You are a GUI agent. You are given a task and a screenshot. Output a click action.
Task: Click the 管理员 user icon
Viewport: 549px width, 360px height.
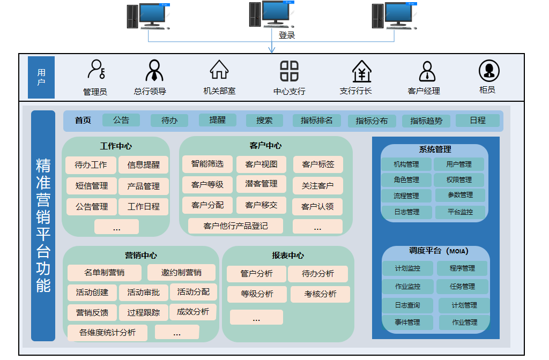97,69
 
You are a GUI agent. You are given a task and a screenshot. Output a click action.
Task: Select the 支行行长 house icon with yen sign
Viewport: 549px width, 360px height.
362,71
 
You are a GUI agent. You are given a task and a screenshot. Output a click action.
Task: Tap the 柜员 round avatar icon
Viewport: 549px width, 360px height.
489,71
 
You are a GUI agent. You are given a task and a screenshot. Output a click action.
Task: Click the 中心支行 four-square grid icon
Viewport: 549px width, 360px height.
289,71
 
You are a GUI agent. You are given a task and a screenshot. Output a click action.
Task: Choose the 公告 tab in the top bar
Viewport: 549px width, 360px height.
121,120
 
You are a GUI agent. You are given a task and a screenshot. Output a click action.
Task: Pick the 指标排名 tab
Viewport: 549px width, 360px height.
316,121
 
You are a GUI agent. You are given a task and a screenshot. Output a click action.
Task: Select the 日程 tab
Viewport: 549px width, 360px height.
478,121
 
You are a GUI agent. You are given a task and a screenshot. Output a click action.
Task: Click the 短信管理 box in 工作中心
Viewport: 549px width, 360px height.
91,186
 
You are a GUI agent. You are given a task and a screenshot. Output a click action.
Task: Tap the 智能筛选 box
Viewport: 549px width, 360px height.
207,164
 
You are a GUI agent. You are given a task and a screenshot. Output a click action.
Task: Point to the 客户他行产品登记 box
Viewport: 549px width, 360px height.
236,226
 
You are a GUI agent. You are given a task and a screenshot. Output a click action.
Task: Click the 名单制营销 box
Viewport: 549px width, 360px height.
105,273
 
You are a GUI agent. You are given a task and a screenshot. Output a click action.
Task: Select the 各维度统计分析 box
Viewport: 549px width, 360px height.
107,333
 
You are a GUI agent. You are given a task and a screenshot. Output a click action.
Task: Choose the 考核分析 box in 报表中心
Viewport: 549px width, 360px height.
320,294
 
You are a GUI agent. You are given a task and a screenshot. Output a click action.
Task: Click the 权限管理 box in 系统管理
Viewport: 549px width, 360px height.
459,180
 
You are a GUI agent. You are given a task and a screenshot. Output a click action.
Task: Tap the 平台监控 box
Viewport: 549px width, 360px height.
460,212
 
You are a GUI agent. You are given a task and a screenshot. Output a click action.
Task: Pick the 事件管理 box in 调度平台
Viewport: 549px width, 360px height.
407,322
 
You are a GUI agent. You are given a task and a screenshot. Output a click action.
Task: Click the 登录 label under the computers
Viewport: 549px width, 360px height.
287,35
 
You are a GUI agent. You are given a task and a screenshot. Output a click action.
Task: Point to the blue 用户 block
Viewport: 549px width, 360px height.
41,77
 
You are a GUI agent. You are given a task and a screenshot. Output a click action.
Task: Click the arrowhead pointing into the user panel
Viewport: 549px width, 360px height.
272,50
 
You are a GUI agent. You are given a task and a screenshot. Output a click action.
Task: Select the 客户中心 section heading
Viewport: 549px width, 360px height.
265,146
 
